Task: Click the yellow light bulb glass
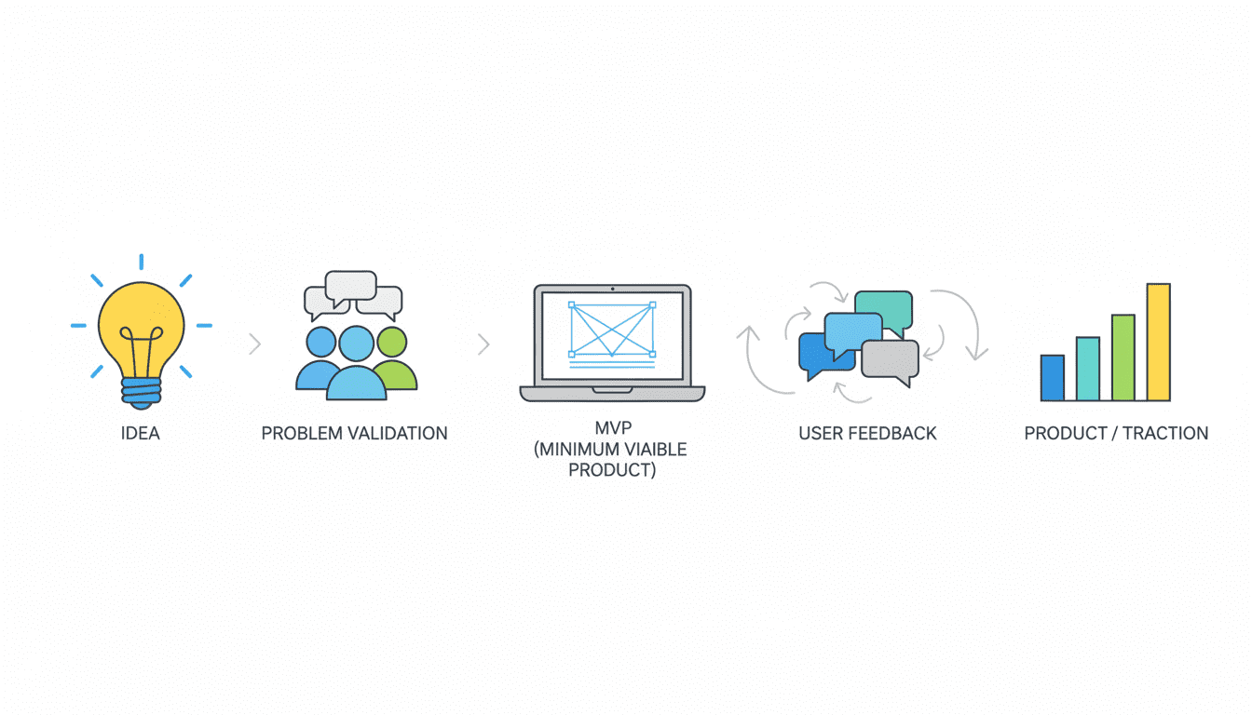(x=141, y=320)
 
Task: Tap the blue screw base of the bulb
(x=141, y=390)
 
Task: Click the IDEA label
(x=141, y=434)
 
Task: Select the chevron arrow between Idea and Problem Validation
(x=254, y=344)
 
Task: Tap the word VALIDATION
(x=398, y=434)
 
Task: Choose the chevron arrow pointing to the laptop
(x=483, y=344)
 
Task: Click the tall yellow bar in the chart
(x=1158, y=342)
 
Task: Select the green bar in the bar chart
(x=1123, y=357)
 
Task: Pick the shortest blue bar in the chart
(x=1053, y=378)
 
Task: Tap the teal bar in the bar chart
(x=1087, y=369)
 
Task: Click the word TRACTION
(x=1165, y=434)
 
